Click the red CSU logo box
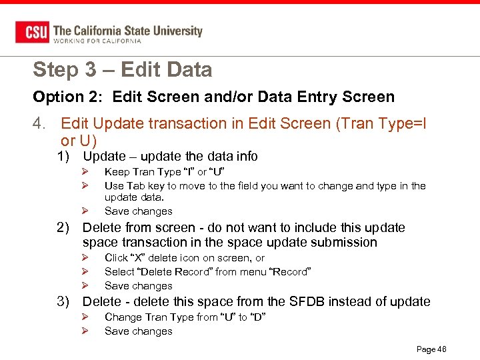31,32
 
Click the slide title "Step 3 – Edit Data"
122,69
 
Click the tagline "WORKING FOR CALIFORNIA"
97,41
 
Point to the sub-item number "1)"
63,157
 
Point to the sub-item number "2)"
63,228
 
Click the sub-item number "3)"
63,302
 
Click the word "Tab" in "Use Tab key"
135,186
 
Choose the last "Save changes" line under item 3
138,331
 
